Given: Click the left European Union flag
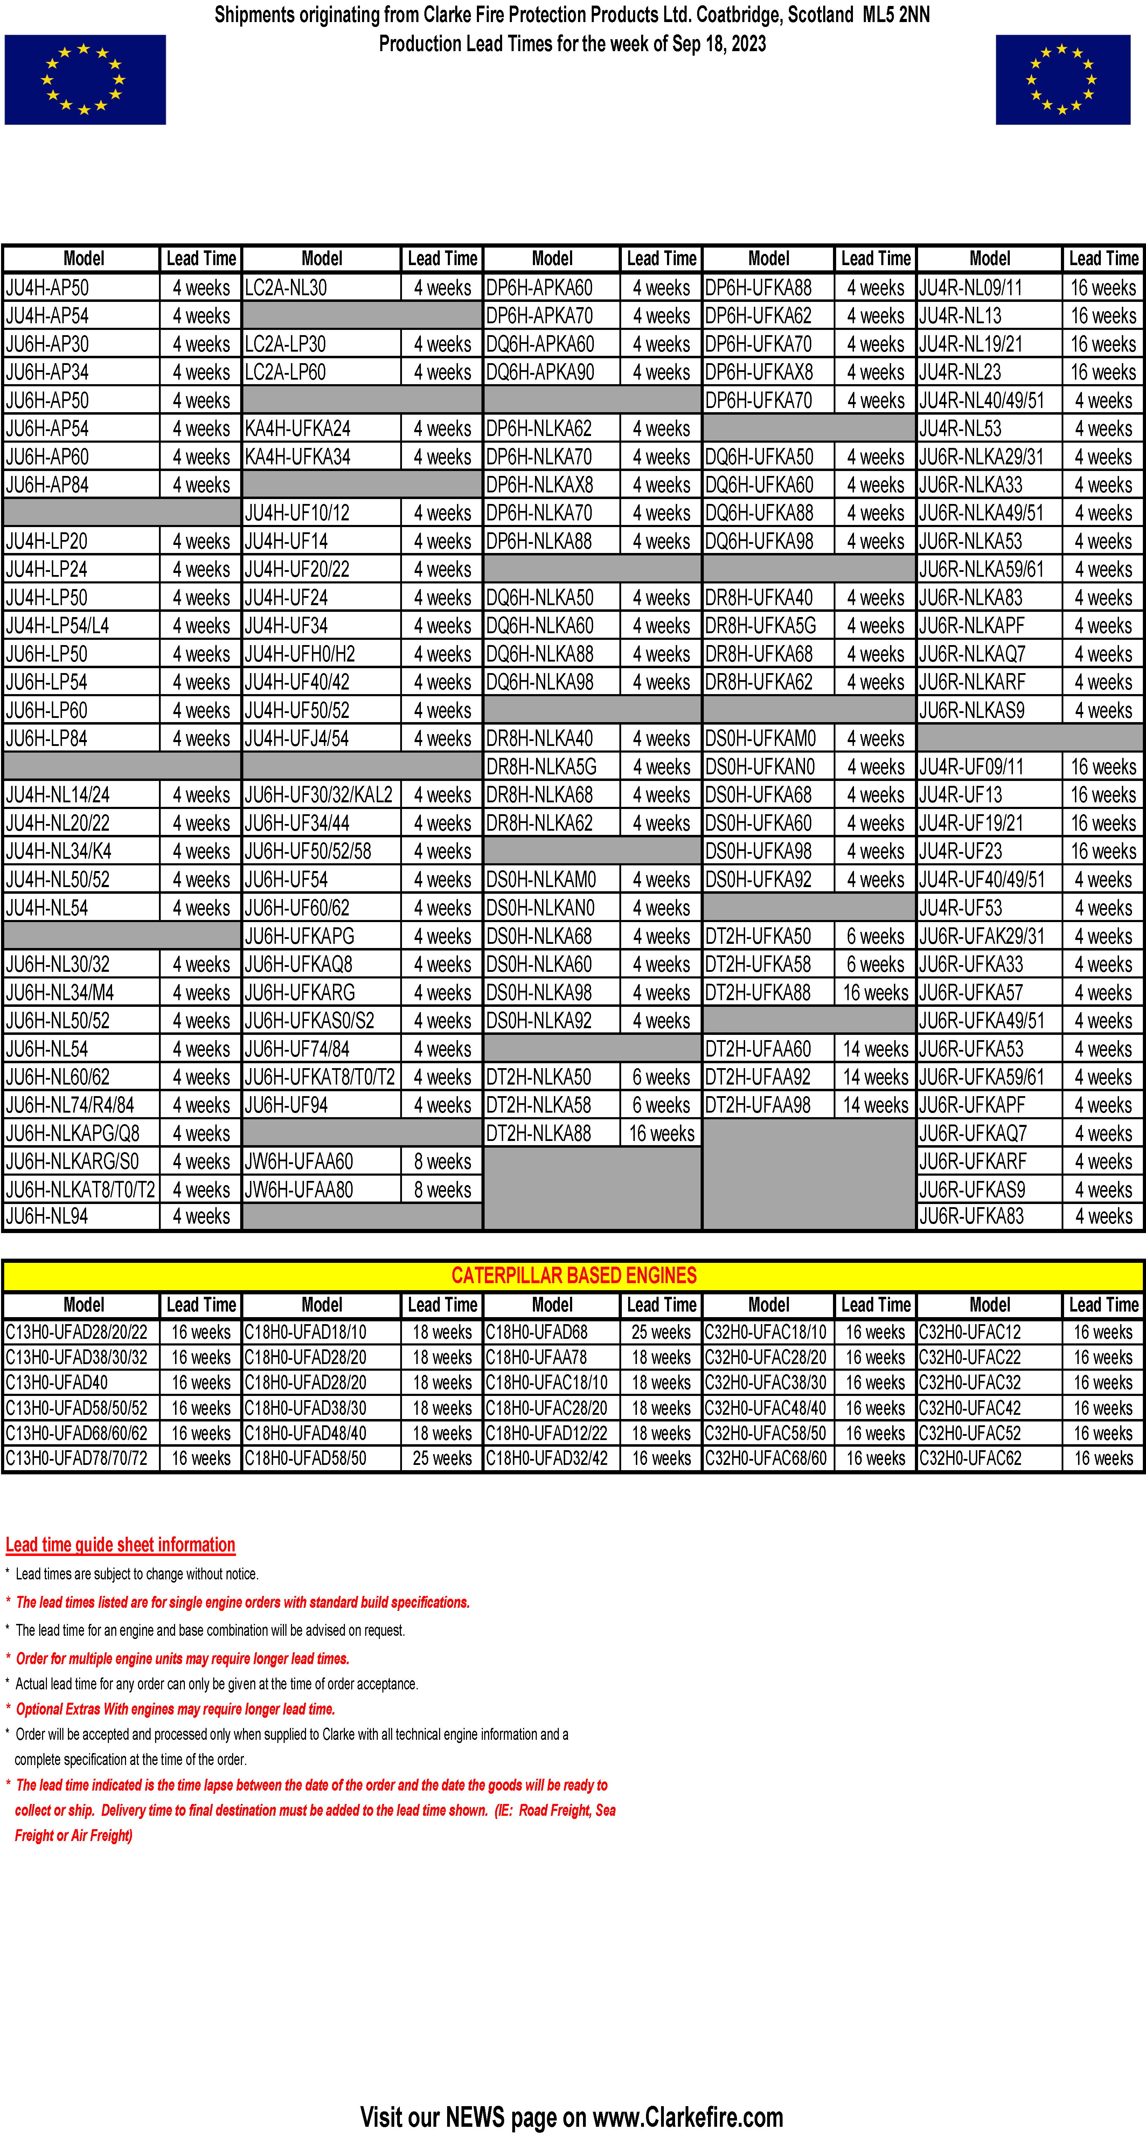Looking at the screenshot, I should tap(85, 80).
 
